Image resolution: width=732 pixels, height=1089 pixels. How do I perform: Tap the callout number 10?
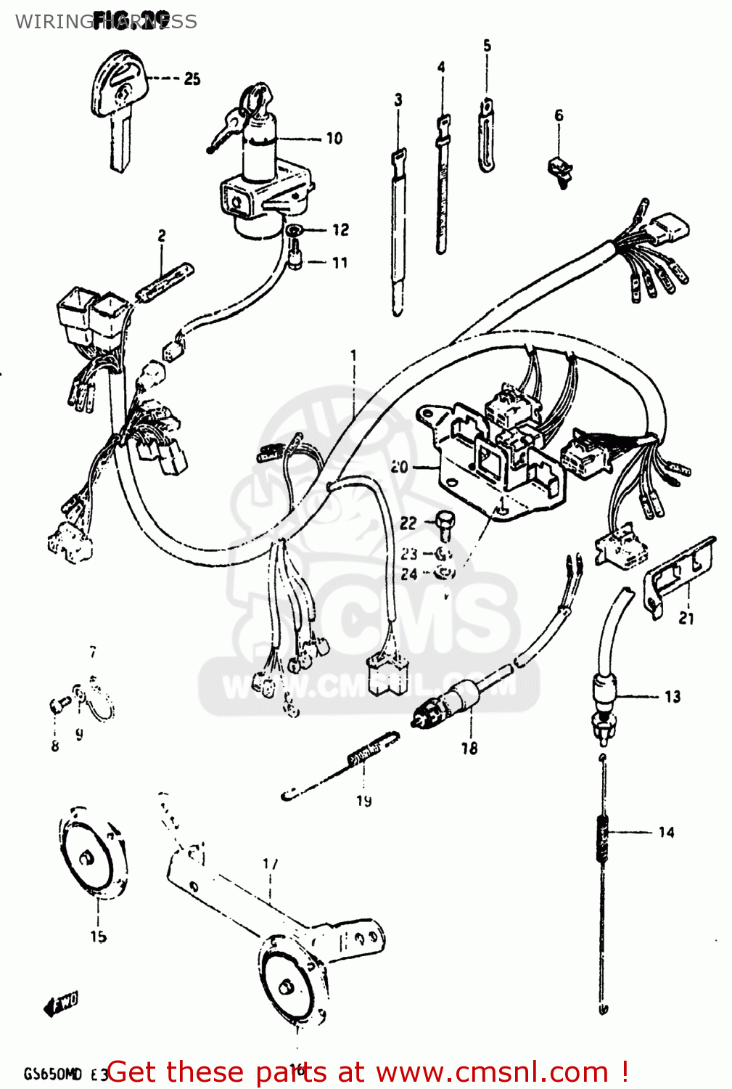[334, 138]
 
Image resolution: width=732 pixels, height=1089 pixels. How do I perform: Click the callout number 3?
[398, 100]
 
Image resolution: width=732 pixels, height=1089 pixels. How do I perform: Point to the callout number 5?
[487, 46]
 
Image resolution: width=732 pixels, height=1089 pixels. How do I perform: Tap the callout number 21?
[686, 619]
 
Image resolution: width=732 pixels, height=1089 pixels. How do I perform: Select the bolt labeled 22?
[443, 526]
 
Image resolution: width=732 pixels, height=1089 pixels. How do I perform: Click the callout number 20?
[399, 467]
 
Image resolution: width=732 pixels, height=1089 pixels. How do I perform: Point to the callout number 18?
[469, 748]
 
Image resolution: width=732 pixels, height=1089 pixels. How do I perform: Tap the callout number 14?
[666, 832]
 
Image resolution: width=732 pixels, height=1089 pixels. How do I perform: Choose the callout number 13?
[673, 697]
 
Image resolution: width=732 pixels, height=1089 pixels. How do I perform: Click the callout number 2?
[161, 236]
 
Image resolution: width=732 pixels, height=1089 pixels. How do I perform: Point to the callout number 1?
[354, 355]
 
